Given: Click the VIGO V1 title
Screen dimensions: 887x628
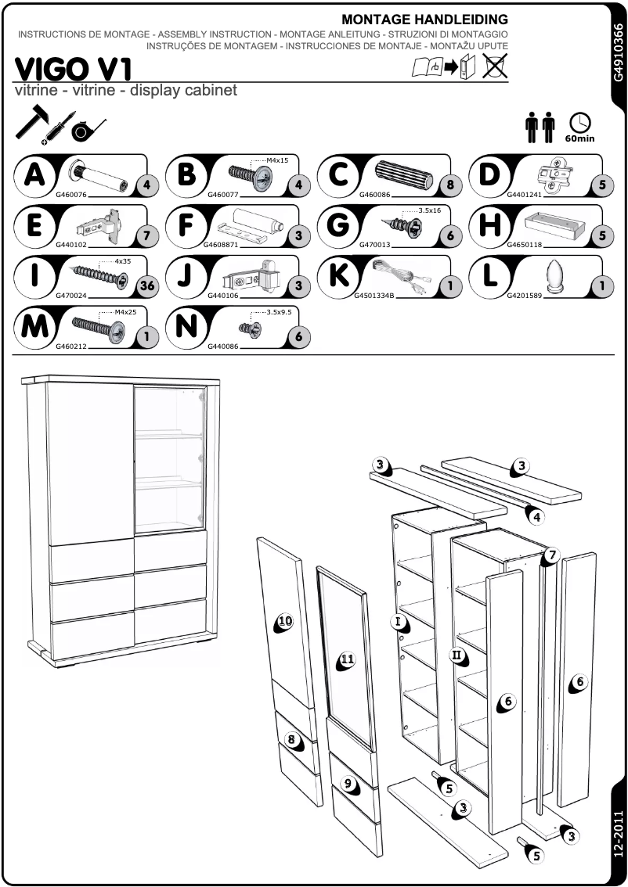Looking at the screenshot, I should pyautogui.click(x=72, y=68).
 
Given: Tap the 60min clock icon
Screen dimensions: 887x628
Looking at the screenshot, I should pyautogui.click(x=580, y=124).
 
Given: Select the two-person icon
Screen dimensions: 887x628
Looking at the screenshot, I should pyautogui.click(x=540, y=127).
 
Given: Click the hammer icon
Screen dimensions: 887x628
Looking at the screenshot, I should pyautogui.click(x=32, y=124).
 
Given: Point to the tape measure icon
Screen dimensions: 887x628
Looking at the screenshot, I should pyautogui.click(x=84, y=131).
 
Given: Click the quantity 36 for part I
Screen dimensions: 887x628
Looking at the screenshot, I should pyautogui.click(x=146, y=285).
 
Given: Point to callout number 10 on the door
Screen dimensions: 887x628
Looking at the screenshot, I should pyautogui.click(x=284, y=621).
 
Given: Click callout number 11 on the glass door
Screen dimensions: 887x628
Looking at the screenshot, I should pyautogui.click(x=346, y=659).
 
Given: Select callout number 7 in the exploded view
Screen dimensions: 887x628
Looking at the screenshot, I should pyautogui.click(x=551, y=555).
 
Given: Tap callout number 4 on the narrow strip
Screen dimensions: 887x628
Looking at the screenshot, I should pyautogui.click(x=535, y=516).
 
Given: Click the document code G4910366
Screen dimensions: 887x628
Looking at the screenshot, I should pyautogui.click(x=618, y=52).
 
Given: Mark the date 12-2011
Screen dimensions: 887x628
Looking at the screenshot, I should pyautogui.click(x=618, y=836).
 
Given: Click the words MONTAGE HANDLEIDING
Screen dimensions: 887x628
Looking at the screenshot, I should pyautogui.click(x=425, y=20).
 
